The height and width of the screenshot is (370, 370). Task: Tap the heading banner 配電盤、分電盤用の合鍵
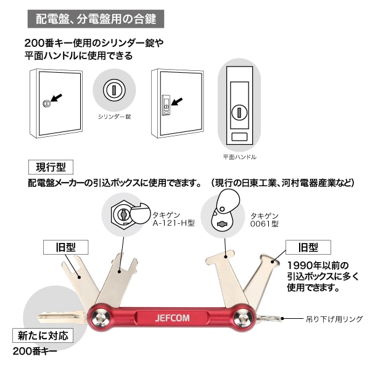tap(96, 18)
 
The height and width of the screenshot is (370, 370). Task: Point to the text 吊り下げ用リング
tap(334, 319)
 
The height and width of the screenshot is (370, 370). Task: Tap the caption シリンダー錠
tap(114, 116)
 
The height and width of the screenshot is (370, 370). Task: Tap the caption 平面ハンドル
tap(240, 157)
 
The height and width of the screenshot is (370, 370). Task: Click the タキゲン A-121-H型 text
tap(173, 219)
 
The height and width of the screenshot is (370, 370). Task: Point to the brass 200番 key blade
tap(59, 317)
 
